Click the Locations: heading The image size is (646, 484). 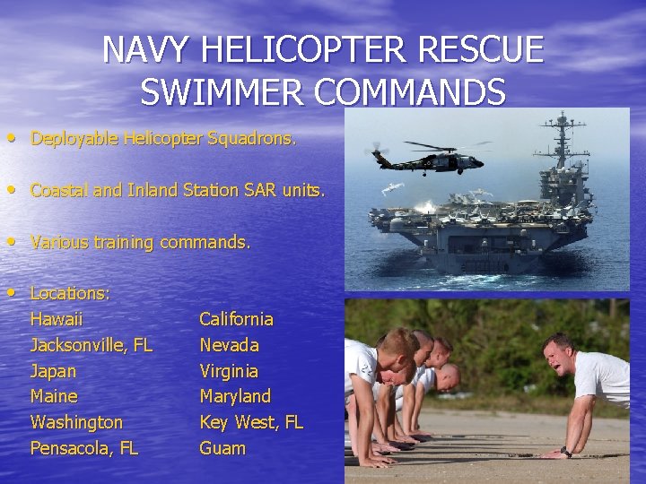point(70,293)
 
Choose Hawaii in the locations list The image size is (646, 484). point(57,319)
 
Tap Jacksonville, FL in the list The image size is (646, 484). point(92,345)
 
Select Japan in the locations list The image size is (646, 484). point(53,371)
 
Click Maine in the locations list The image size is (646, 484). point(54,396)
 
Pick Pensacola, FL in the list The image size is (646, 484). point(84,448)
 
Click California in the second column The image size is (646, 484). point(237,319)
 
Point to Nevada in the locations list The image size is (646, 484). point(229,345)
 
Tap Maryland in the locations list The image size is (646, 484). point(235,396)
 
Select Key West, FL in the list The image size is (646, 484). point(251,422)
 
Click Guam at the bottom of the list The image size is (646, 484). point(223,448)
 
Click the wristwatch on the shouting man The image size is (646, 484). point(566,452)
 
